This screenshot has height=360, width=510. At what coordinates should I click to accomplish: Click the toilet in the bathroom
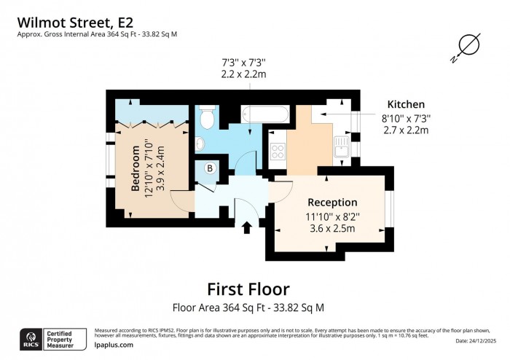(x=206, y=117)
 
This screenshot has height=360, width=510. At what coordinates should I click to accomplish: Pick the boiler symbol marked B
(x=210, y=168)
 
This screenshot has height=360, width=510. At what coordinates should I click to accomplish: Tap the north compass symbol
(x=468, y=46)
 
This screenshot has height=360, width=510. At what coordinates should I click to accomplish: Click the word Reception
(x=332, y=202)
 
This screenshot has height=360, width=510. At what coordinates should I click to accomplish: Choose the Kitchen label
(x=406, y=104)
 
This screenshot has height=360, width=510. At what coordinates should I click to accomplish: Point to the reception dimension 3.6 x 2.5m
(x=332, y=228)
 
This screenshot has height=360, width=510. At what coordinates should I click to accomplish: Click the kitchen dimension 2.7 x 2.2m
(x=406, y=130)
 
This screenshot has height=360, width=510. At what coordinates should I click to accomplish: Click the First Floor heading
(x=248, y=289)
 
